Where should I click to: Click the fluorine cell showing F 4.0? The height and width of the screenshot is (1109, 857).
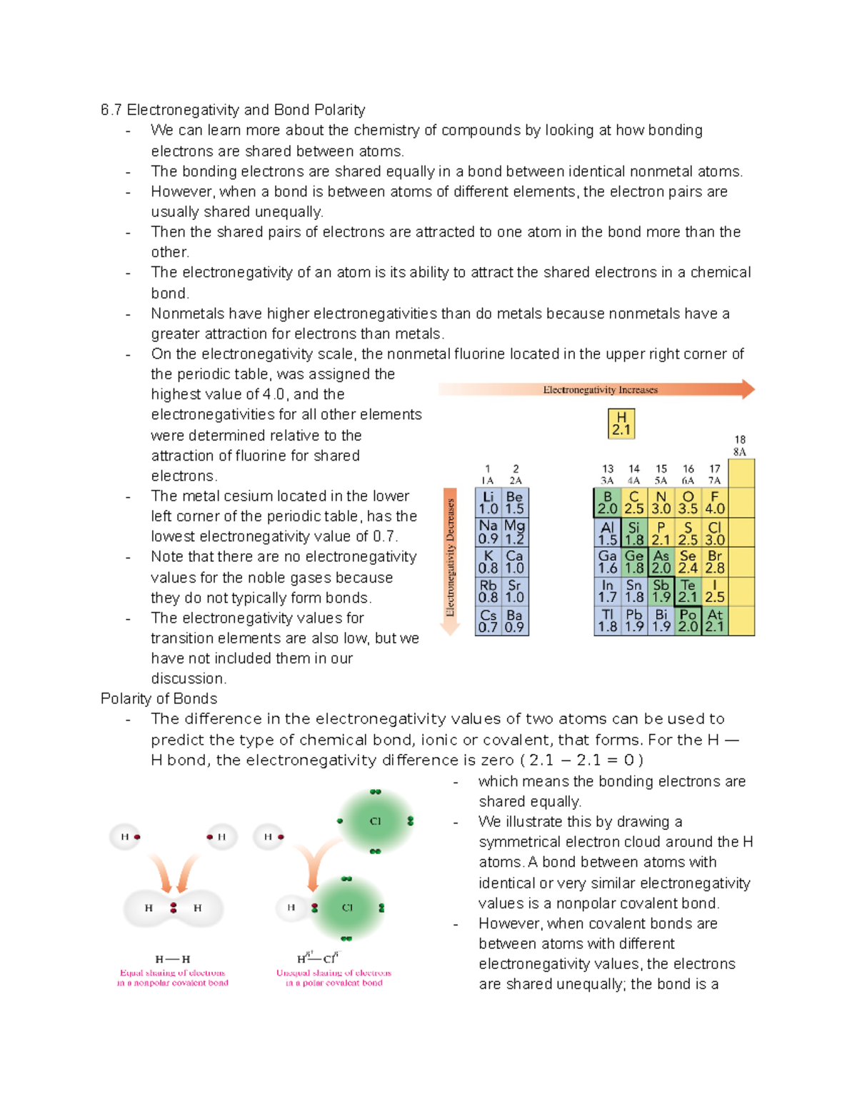tap(714, 503)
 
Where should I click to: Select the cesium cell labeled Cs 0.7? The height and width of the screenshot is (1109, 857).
tap(488, 621)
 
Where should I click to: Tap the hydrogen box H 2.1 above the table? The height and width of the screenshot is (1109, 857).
tap(621, 423)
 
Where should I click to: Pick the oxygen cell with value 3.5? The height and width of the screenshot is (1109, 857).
tap(688, 503)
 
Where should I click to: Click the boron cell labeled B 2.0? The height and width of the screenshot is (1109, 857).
tap(607, 503)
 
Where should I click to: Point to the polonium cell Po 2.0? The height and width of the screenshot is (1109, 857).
tap(688, 621)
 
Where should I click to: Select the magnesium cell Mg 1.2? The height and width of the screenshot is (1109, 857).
tap(514, 533)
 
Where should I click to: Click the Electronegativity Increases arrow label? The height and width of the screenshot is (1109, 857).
tap(600, 390)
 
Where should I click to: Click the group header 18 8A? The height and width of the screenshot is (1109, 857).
tap(740, 446)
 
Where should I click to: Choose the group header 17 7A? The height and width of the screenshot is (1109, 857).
tap(714, 474)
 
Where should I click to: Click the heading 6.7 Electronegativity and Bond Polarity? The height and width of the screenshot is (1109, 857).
tap(233, 110)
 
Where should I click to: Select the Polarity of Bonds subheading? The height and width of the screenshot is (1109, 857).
tap(159, 698)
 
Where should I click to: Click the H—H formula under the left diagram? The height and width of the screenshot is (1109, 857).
tap(173, 959)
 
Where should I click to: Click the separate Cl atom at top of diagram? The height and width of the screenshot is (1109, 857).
tap(375, 821)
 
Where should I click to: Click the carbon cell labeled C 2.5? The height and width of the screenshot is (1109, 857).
tap(634, 503)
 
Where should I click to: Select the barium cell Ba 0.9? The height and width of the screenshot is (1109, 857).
tap(514, 621)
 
